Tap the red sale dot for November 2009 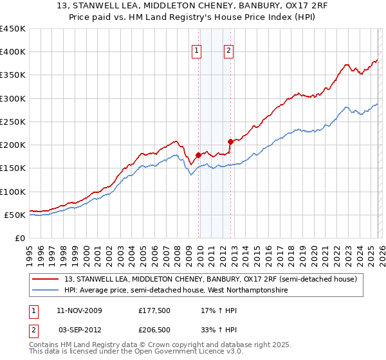[x=198, y=155]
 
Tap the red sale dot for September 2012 [x=230, y=141]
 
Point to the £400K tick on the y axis [x=13, y=52]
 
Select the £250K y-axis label [x=13, y=122]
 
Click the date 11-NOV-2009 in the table [x=78, y=310]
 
